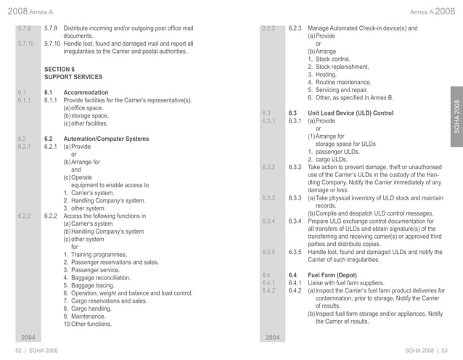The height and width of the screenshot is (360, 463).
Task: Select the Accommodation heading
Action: [x=86, y=93]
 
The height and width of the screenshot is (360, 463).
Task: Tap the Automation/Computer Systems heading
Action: [x=106, y=139]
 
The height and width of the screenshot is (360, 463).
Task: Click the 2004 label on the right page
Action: [x=273, y=337]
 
